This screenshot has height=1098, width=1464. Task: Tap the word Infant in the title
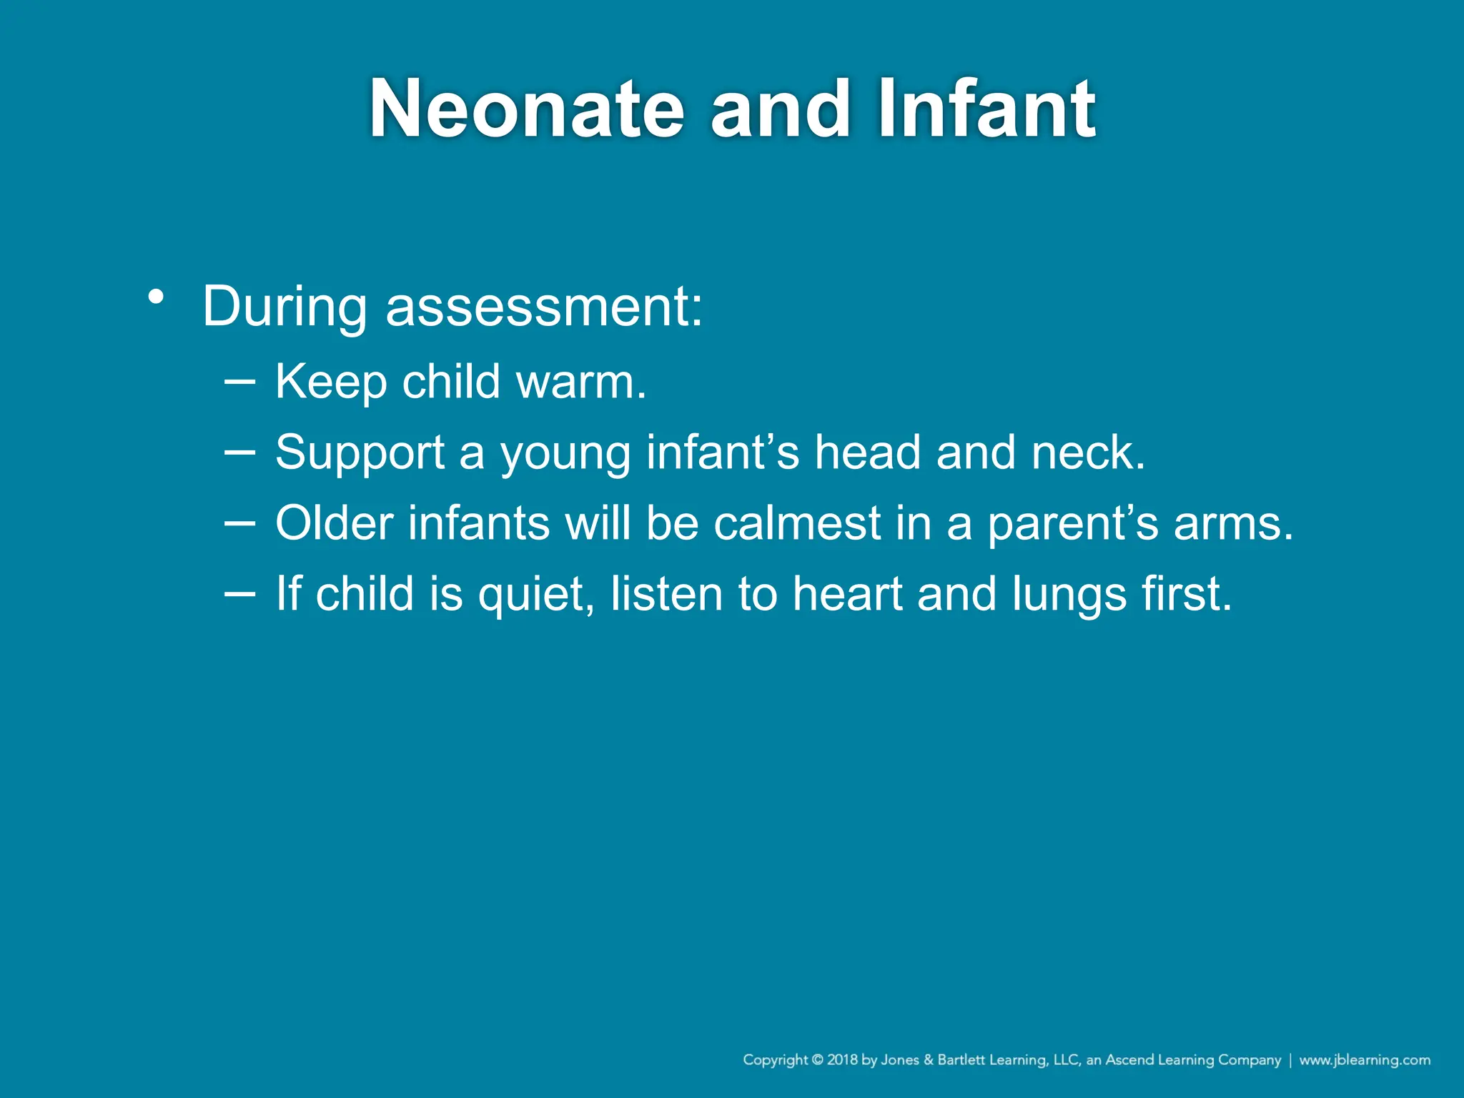(x=986, y=109)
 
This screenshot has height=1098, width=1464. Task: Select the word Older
(x=334, y=523)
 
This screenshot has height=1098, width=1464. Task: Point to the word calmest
(x=797, y=523)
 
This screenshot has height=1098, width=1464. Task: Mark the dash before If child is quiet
(x=239, y=593)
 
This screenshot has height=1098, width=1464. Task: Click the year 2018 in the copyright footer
(x=842, y=1060)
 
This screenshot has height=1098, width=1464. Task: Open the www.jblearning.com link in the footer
(x=1364, y=1060)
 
